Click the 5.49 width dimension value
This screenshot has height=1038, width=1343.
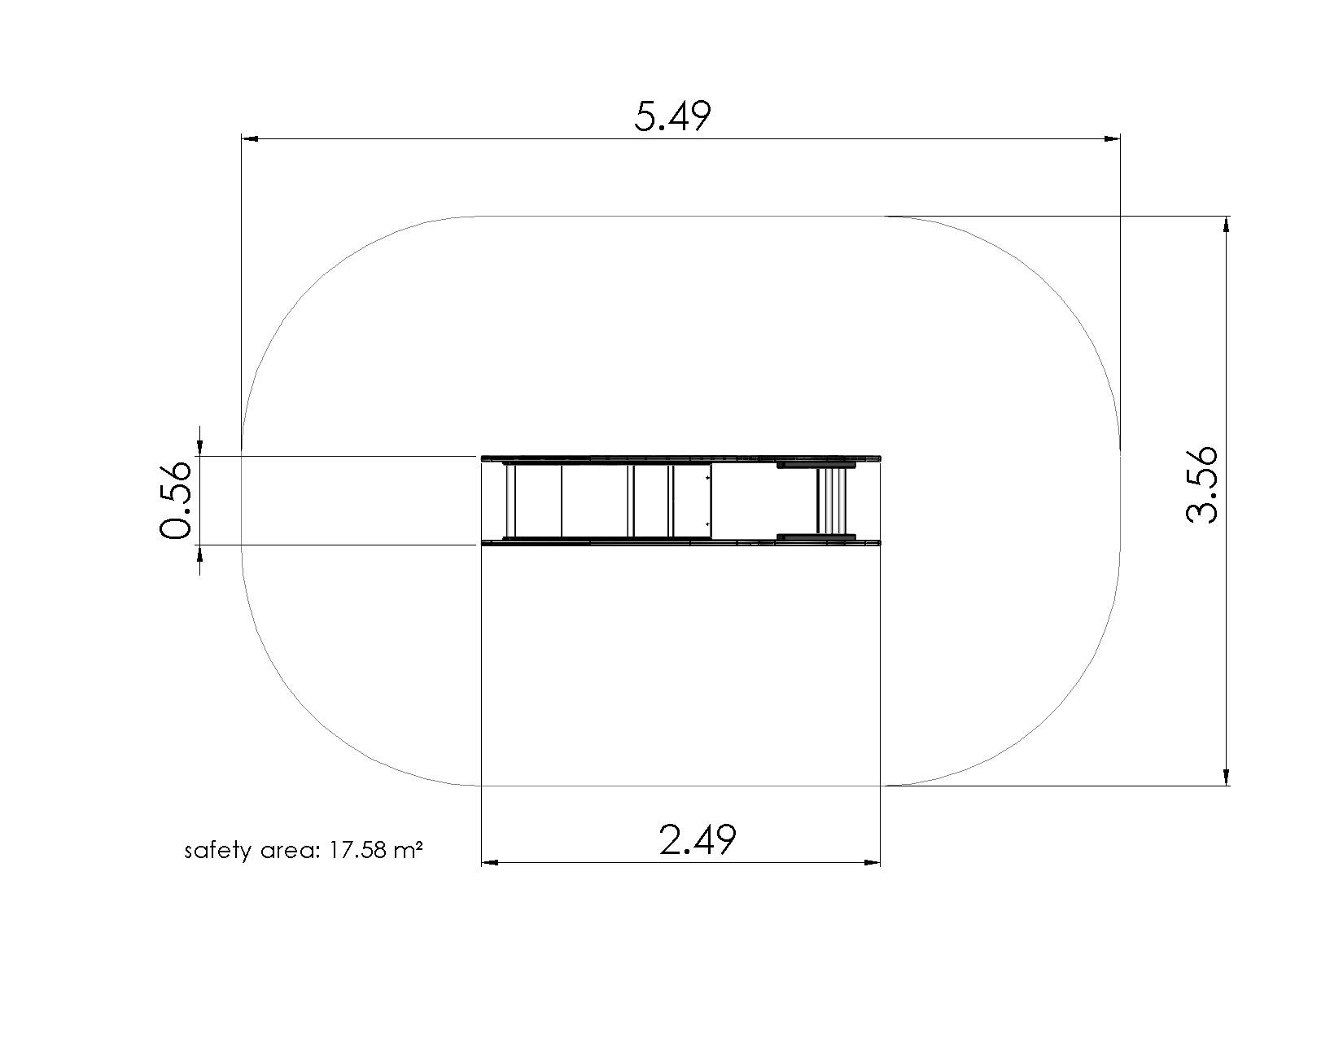672,116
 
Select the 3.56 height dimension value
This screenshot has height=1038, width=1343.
1202,484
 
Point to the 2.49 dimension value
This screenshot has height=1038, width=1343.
698,839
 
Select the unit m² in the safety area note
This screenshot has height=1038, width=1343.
408,851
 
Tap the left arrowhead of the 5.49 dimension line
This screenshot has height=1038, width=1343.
250,139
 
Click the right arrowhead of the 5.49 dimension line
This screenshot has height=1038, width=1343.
1112,139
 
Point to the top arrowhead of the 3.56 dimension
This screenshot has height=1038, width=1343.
1227,225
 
